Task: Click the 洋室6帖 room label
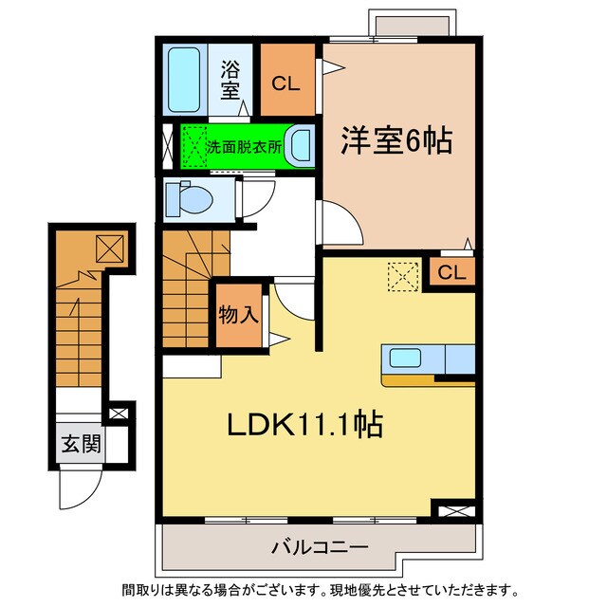pyautogui.click(x=395, y=142)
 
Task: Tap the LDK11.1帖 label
pyautogui.click(x=303, y=426)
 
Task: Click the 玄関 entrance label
pyautogui.click(x=78, y=445)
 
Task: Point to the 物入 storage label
pyautogui.click(x=239, y=315)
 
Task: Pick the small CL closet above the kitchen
pyautogui.click(x=452, y=273)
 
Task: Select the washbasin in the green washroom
pyautogui.click(x=300, y=147)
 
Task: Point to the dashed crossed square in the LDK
pyautogui.click(x=401, y=277)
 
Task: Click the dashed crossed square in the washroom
pyautogui.click(x=194, y=147)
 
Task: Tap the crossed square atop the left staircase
pyautogui.click(x=106, y=249)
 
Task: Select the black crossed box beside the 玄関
pyautogui.click(x=120, y=414)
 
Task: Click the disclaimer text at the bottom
pyautogui.click(x=317, y=588)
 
